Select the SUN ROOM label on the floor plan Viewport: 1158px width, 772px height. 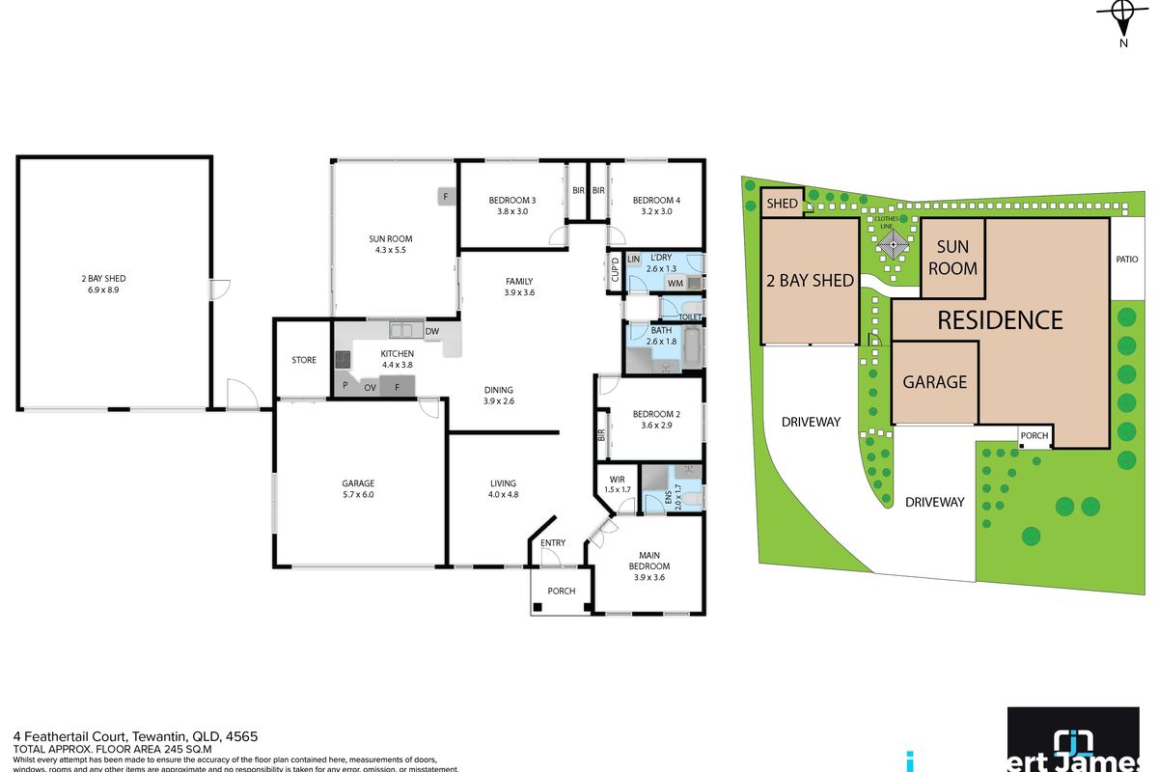tap(391, 239)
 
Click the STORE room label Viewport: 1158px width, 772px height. tap(304, 360)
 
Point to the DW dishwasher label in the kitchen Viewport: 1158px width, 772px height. tap(431, 332)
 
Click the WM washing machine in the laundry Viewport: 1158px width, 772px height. tap(675, 284)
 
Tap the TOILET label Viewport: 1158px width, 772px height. tap(689, 317)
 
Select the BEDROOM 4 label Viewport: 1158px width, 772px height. tap(651, 201)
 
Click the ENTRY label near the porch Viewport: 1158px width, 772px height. tap(553, 543)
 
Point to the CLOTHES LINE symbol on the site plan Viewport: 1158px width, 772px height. tap(893, 245)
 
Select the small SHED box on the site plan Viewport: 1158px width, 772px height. tap(782, 204)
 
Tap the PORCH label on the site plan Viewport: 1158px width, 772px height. tap(1034, 436)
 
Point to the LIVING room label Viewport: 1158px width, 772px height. tap(502, 483)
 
